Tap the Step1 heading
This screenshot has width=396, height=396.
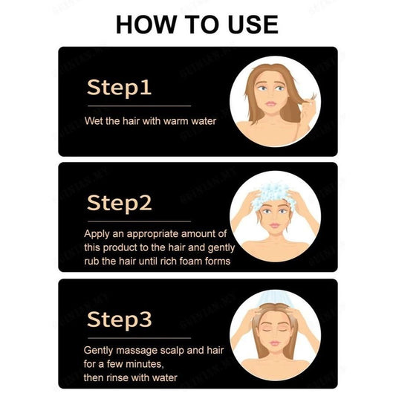[x=119, y=87]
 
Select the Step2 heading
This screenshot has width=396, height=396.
[x=120, y=202]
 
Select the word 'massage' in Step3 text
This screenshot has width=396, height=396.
[x=139, y=350]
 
